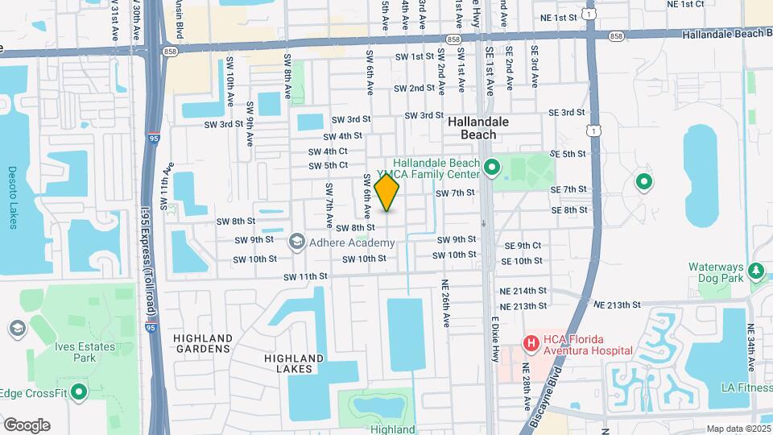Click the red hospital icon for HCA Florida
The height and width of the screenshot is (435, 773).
(531, 344)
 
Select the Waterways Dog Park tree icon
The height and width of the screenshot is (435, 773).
(756, 270)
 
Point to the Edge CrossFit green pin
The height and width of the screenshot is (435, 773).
(79, 392)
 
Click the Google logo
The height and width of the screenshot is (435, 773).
(26, 425)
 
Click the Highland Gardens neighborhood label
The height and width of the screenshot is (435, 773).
(203, 343)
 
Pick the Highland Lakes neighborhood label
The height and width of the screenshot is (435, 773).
(294, 363)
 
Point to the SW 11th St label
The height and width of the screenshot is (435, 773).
(305, 275)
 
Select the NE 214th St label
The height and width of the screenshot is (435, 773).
(523, 290)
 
